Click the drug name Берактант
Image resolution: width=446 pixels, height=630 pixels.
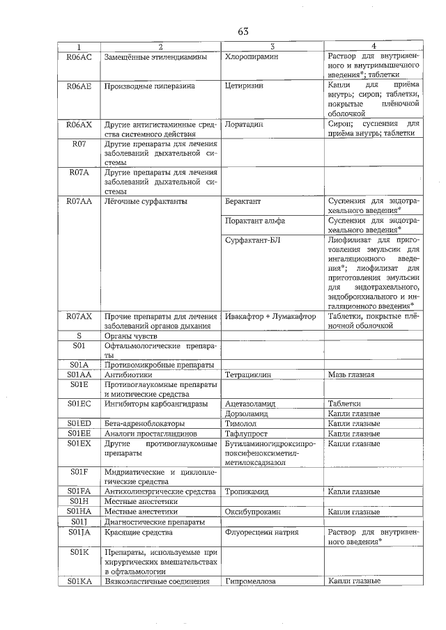(243, 202)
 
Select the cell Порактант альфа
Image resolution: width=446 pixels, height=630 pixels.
(255, 221)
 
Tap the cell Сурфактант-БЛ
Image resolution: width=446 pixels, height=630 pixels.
(252, 241)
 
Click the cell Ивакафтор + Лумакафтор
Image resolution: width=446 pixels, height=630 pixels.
(271, 317)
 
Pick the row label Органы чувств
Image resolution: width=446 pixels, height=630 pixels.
(130, 336)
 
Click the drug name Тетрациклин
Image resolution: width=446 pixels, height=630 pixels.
(249, 375)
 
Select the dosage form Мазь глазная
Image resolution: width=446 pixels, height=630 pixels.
(351, 375)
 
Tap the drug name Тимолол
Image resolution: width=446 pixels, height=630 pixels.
(241, 423)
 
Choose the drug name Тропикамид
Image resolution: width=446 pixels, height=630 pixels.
(247, 491)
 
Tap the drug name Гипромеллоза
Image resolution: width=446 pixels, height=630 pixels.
(251, 581)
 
